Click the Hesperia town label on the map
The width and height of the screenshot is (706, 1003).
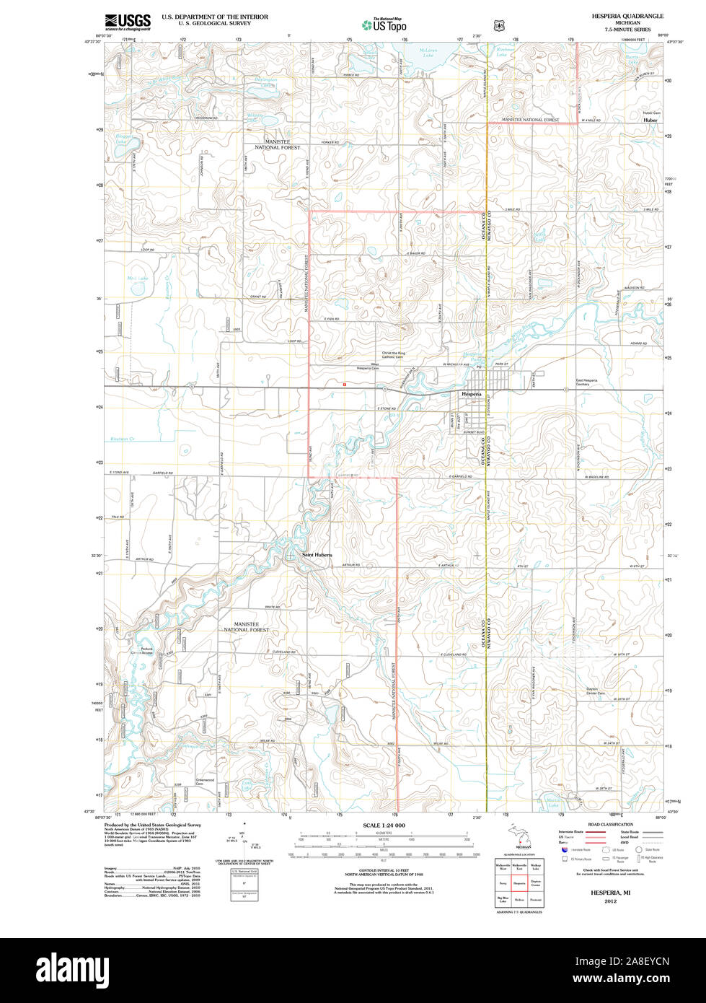click(x=471, y=394)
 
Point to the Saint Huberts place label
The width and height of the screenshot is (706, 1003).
click(x=317, y=554)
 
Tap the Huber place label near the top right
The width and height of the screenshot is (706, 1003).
click(x=650, y=121)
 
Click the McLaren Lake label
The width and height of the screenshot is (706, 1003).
click(x=428, y=53)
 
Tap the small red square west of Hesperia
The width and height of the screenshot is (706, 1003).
click(x=345, y=385)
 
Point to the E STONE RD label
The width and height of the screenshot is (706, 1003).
click(x=387, y=408)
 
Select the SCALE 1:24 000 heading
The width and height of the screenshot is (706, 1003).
click(x=384, y=825)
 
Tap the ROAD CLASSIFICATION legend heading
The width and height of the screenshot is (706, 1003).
click(x=610, y=824)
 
